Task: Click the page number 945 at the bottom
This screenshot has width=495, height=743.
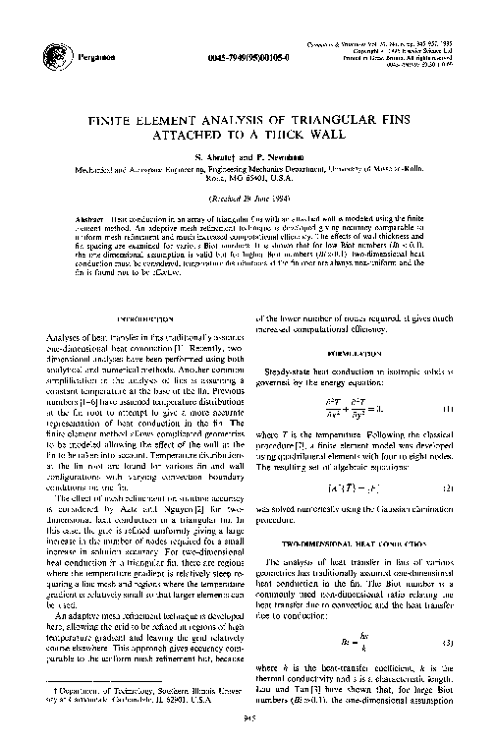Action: (247, 718)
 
